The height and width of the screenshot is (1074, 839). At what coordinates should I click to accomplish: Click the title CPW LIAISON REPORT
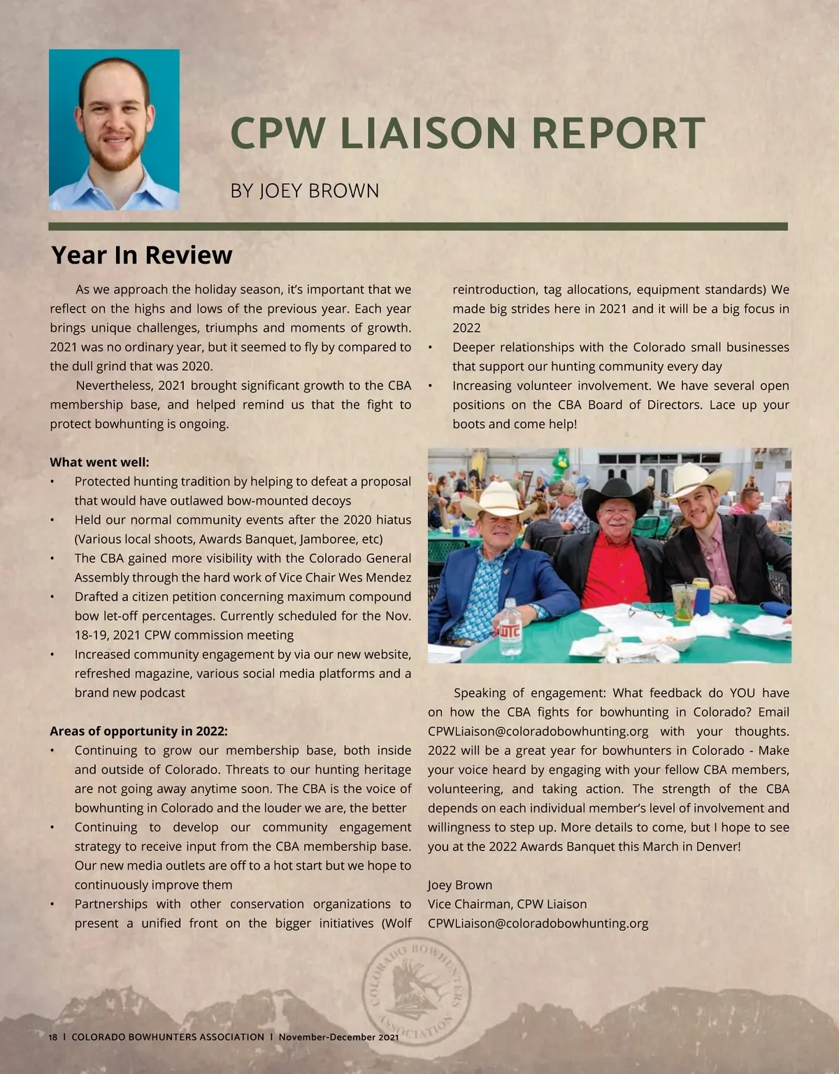[467, 133]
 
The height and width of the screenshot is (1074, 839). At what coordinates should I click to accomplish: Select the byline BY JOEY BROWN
[305, 190]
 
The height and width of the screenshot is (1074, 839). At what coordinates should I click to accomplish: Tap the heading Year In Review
[141, 255]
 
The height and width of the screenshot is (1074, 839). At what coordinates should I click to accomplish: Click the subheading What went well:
[99, 462]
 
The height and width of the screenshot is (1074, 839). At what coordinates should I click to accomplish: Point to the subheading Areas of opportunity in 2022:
[138, 731]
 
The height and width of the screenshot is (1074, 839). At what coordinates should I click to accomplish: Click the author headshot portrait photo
[114, 129]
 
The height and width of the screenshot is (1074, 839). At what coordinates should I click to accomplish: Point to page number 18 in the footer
[53, 1037]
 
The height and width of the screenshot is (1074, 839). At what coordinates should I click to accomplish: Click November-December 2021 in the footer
[338, 1037]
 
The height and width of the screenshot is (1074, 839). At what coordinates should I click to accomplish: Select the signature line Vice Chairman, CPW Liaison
[507, 904]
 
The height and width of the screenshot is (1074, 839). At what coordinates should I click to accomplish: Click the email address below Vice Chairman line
[538, 924]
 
